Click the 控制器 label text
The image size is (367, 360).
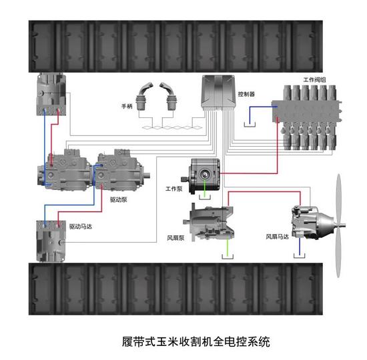tap(246, 94)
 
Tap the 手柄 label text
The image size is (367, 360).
tap(127, 106)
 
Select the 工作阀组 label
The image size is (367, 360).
tap(314, 80)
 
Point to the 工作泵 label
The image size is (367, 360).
tap(174, 189)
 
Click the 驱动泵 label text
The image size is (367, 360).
tap(118, 199)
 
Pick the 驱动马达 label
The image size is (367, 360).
tap(81, 227)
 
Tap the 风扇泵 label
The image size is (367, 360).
tap(175, 238)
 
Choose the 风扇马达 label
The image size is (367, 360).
tap(277, 237)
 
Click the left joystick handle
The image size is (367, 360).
tap(143, 96)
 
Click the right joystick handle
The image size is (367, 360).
tap(169, 96)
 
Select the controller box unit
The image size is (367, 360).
tap(218, 93)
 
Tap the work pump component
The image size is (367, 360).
tap(202, 176)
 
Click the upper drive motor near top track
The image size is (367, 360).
tap(51, 94)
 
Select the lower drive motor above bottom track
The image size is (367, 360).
tap(51, 241)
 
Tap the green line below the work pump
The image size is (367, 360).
tap(205, 188)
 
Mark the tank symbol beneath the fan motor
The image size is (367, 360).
tap(300, 255)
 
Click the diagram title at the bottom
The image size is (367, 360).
tap(196, 341)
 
